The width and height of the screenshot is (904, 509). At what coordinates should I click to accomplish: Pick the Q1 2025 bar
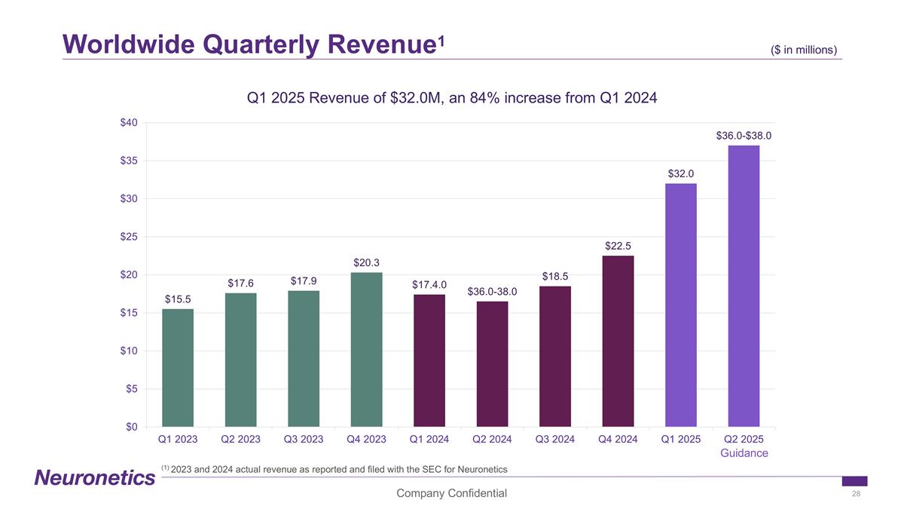tap(680, 305)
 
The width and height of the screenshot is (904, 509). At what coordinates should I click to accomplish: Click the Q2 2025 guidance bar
tap(744, 287)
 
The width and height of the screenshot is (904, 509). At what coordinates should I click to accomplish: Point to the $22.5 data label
tap(618, 246)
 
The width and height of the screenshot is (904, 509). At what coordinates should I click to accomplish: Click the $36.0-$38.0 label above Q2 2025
tap(744, 136)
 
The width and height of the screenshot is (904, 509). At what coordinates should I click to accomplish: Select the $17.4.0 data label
tap(429, 285)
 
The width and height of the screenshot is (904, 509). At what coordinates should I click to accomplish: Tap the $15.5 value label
tap(178, 299)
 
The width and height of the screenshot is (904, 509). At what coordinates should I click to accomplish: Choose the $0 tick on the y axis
tap(131, 427)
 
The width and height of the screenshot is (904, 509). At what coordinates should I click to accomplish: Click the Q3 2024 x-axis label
tap(555, 439)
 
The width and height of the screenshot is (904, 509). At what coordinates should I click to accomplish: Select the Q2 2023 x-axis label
tap(241, 439)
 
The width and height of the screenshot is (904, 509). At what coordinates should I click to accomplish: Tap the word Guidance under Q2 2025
tap(744, 453)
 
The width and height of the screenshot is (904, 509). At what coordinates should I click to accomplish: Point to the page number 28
tap(855, 494)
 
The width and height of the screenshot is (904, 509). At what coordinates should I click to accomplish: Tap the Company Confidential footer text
tap(452, 493)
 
